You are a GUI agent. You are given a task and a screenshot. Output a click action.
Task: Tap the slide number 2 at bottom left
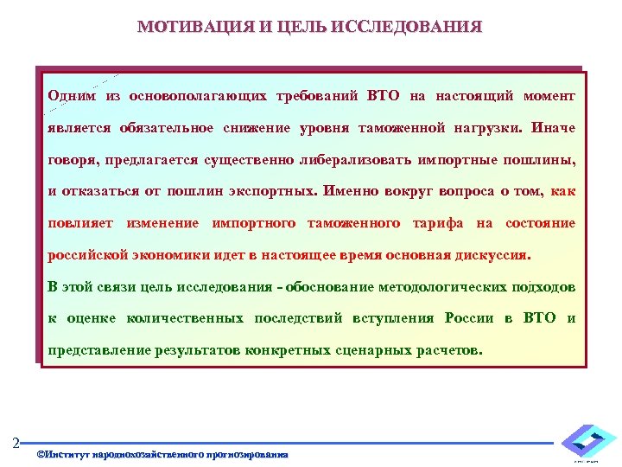tap(16, 444)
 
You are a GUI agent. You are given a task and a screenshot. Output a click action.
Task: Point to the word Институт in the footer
tap(67, 454)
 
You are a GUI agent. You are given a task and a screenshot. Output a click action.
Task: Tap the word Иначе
tap(554, 128)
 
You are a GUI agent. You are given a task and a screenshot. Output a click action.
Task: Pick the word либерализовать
tap(368, 160)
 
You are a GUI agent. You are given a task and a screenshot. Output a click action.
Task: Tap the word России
tap(469, 318)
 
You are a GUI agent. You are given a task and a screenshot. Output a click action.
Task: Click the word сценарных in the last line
tap(392, 351)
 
